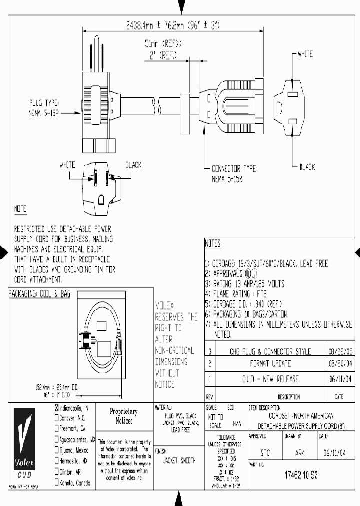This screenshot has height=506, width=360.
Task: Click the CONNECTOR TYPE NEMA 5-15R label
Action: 233,173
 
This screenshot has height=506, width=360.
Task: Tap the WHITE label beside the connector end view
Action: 305,54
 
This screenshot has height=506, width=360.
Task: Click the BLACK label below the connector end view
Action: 307,167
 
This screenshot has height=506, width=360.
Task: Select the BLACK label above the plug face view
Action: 133,164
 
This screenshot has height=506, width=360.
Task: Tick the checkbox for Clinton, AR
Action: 56,472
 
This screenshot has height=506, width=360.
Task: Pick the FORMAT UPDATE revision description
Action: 270,363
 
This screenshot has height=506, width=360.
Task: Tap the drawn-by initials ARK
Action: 300,453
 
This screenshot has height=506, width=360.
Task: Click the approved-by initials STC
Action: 265,453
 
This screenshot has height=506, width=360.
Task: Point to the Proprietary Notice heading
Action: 123,416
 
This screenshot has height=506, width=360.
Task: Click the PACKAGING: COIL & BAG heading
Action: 39,294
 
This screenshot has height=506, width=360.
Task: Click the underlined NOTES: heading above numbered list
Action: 213,244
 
